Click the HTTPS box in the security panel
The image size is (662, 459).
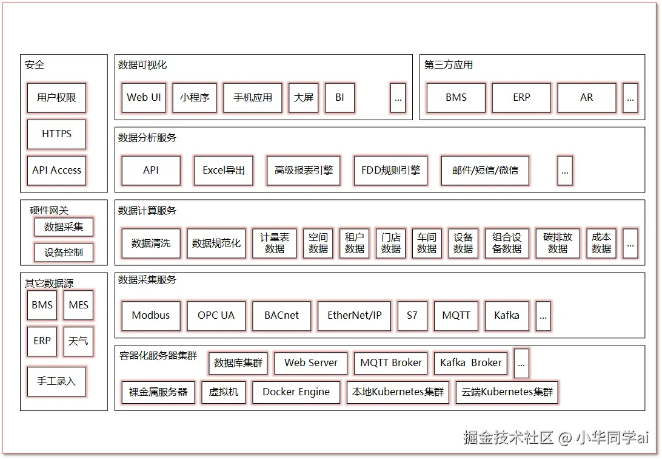[x=56, y=134]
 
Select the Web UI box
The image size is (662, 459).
[x=144, y=98]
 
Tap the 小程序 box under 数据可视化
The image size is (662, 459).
[x=195, y=98]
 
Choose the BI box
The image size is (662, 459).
[x=339, y=98]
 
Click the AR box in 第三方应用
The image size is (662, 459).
[x=586, y=98]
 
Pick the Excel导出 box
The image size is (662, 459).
[x=224, y=171]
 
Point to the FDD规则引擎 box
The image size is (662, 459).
[x=390, y=171]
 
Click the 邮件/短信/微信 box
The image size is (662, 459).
[x=485, y=171]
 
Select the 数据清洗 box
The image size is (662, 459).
[x=151, y=243]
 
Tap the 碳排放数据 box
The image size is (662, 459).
[x=558, y=243]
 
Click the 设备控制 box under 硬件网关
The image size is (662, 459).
[x=64, y=253]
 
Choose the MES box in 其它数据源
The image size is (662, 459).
[x=78, y=305]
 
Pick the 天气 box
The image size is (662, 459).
[x=78, y=341]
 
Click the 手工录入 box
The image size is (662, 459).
[x=56, y=381]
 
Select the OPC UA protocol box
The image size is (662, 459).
[x=216, y=316]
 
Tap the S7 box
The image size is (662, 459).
[x=412, y=316]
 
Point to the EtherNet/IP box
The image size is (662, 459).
[x=355, y=316]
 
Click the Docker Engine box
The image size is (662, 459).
[x=296, y=392]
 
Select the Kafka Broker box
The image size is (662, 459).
[x=471, y=363]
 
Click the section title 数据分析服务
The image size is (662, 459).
[x=147, y=138]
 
